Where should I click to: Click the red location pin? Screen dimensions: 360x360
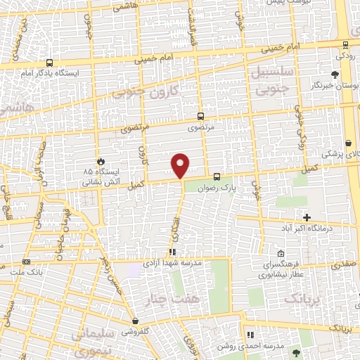181,165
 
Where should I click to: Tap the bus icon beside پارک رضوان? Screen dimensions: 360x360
217,177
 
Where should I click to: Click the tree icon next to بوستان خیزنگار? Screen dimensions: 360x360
335,74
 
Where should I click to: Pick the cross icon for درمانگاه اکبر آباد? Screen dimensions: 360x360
307,217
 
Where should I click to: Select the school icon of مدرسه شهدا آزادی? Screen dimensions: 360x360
172,251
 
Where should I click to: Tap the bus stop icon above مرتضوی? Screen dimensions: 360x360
200,117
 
